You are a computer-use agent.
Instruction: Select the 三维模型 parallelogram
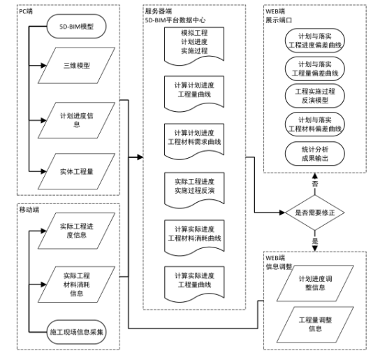click(76, 67)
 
